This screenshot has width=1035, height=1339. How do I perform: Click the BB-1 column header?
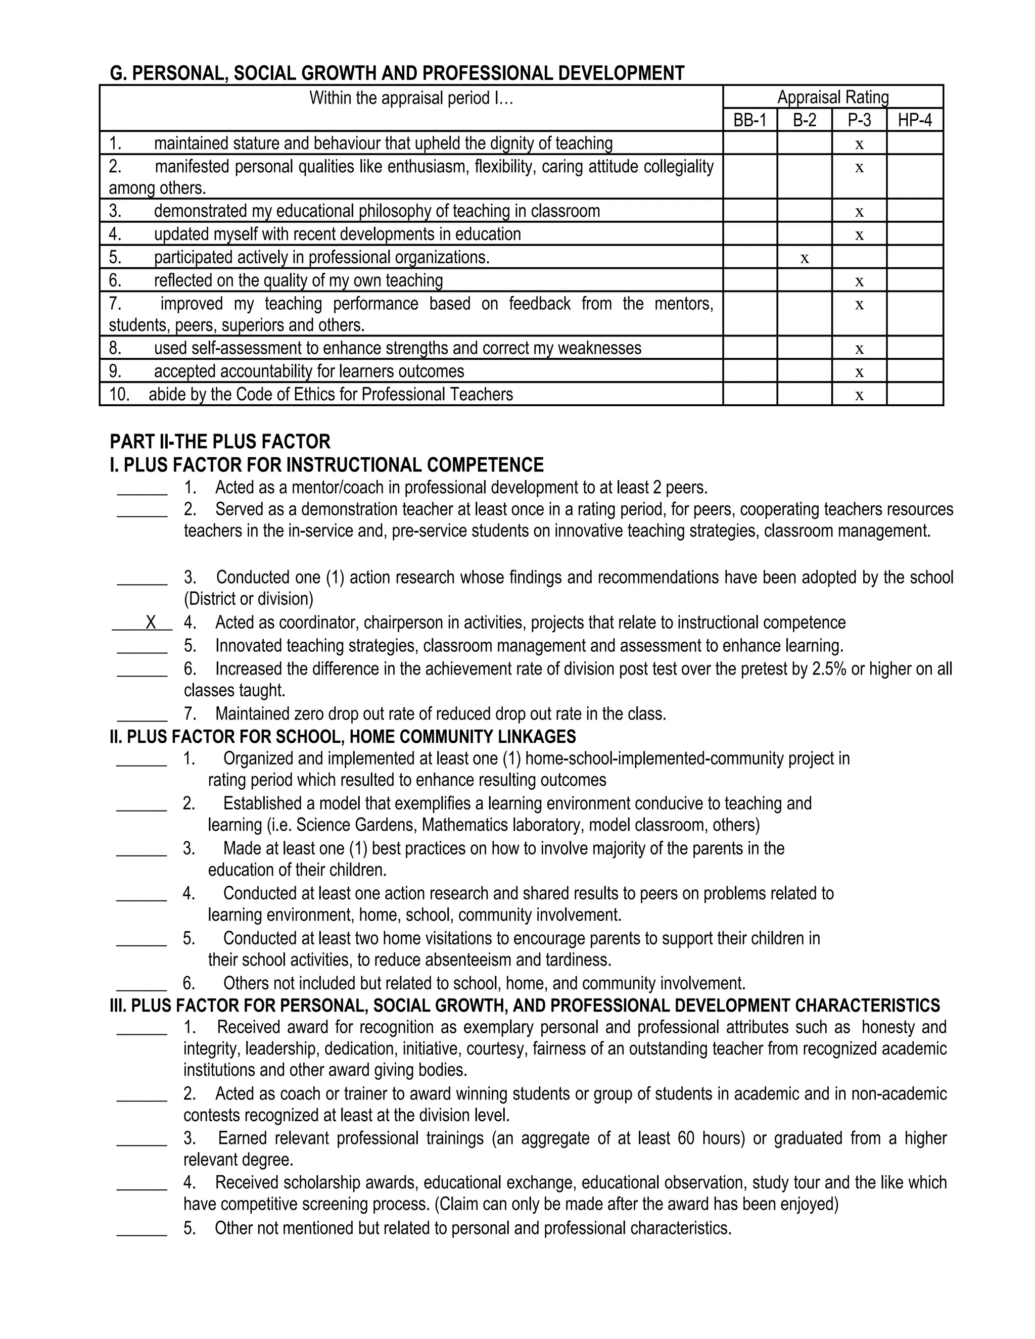click(x=749, y=120)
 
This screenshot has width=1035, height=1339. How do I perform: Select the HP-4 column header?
click(x=914, y=120)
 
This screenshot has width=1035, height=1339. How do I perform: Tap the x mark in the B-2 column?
click(x=805, y=259)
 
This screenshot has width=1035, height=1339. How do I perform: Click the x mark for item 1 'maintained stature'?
click(x=859, y=145)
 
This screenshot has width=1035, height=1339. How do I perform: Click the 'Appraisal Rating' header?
click(x=833, y=97)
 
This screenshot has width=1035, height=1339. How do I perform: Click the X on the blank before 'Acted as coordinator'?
click(x=151, y=623)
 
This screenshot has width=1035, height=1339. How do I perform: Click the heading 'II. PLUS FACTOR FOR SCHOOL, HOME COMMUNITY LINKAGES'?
click(x=342, y=736)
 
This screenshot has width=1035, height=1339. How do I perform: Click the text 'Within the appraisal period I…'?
click(x=411, y=98)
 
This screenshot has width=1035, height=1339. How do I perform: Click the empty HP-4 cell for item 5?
click(x=914, y=257)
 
